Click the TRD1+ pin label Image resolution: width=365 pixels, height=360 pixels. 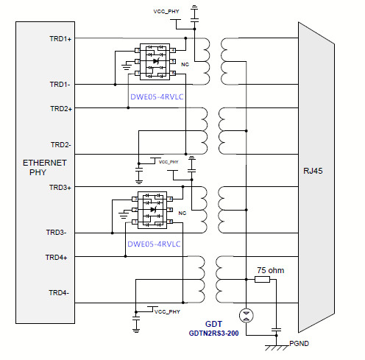pyautogui.click(x=60, y=39)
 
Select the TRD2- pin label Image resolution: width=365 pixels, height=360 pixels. pyautogui.click(x=60, y=145)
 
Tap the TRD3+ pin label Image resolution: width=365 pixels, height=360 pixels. pyautogui.click(x=60, y=188)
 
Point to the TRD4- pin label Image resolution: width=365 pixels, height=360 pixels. pyautogui.click(x=59, y=293)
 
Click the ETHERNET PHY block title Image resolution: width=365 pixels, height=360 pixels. pyautogui.click(x=44, y=168)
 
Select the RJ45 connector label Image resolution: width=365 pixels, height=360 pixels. pyautogui.click(x=313, y=171)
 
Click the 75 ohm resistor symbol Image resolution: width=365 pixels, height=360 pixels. pyautogui.click(x=262, y=279)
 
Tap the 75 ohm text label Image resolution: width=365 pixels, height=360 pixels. pyautogui.click(x=271, y=270)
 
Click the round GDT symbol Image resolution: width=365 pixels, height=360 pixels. pyautogui.click(x=247, y=316)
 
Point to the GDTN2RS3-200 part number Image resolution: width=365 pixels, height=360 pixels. pyautogui.click(x=213, y=333)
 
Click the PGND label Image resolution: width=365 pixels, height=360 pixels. pyautogui.click(x=299, y=343)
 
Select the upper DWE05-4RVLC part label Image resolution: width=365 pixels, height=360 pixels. pyautogui.click(x=157, y=97)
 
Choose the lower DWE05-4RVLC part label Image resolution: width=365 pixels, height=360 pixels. pyautogui.click(x=154, y=244)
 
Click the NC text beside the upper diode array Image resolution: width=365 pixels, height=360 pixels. pyautogui.click(x=185, y=64)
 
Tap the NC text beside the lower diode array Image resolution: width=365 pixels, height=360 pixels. pyautogui.click(x=182, y=213)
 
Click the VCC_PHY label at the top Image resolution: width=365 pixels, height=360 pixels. pyautogui.click(x=166, y=11)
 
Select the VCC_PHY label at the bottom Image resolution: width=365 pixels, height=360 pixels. pyautogui.click(x=167, y=311)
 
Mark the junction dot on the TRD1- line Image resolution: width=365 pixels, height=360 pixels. pyautogui.click(x=115, y=85)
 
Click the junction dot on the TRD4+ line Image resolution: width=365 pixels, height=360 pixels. pyautogui.click(x=125, y=256)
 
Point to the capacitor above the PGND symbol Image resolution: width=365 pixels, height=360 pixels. pyautogui.click(x=277, y=330)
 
